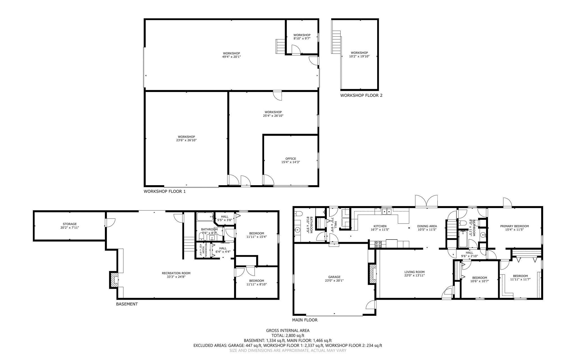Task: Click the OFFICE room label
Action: (x=291, y=159)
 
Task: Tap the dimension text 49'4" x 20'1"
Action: (x=231, y=57)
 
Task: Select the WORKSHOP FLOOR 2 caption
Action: (x=361, y=95)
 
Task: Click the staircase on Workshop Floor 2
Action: (x=336, y=42)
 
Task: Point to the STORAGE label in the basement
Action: (x=69, y=224)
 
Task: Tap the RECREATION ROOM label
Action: (x=176, y=273)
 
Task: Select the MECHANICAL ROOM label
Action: (x=204, y=249)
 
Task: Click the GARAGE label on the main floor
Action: (x=334, y=277)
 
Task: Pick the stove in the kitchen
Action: (x=378, y=244)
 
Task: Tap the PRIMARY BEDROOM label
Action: (x=514, y=226)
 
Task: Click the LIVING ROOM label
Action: (x=414, y=272)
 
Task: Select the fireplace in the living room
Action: (x=373, y=274)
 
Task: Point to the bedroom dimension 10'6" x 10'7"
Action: (x=480, y=281)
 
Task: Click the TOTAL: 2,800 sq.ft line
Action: (x=288, y=336)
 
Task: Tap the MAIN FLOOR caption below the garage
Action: (x=305, y=320)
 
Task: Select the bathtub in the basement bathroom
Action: (x=205, y=217)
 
